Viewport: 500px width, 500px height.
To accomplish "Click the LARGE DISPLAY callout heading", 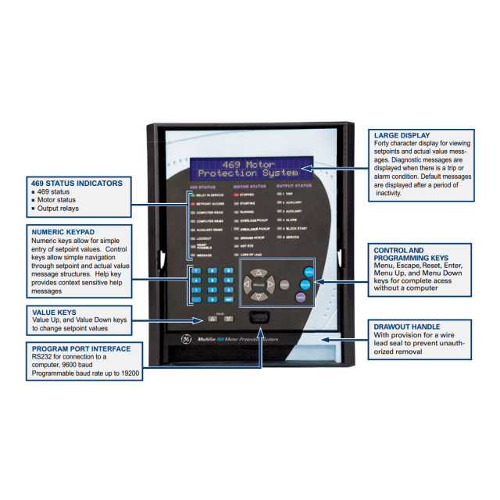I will (402, 135).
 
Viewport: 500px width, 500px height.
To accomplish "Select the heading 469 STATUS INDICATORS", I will (76, 183).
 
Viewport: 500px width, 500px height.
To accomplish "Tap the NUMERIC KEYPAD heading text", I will (62, 231).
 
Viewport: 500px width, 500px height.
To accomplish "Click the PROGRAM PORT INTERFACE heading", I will (77, 348).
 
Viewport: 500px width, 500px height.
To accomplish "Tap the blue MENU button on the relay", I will (309, 271).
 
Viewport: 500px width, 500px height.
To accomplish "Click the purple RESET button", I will (301, 297).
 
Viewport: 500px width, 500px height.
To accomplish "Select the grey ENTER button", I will (284, 285).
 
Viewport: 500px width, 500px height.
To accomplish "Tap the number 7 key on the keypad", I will (196, 270).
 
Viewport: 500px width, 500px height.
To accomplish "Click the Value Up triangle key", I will (212, 319).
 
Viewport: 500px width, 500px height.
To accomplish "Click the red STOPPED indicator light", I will (237, 194).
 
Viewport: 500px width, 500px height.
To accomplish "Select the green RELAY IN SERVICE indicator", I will (192, 194).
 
